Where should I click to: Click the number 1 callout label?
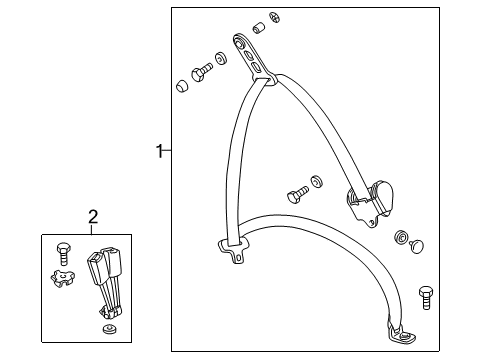point(160,151)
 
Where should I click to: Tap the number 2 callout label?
point(93,217)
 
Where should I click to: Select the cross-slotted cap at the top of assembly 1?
point(275,18)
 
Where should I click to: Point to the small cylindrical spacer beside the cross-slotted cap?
point(259,28)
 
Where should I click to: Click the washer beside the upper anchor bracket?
point(220,59)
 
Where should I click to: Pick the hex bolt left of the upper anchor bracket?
point(201,72)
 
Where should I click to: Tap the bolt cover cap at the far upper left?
point(182,86)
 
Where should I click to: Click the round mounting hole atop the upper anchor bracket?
point(239,41)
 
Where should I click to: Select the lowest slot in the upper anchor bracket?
point(256,68)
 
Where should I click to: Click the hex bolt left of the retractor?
point(297,194)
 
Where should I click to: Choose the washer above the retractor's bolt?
point(316,182)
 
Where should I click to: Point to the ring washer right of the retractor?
point(401,237)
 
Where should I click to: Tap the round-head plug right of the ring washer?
point(417,247)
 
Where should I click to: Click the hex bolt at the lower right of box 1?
point(426,297)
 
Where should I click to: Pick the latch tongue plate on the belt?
point(234,249)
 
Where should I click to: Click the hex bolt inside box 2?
point(62,254)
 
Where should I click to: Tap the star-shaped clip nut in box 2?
point(62,278)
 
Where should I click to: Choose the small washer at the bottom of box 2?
point(109,329)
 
